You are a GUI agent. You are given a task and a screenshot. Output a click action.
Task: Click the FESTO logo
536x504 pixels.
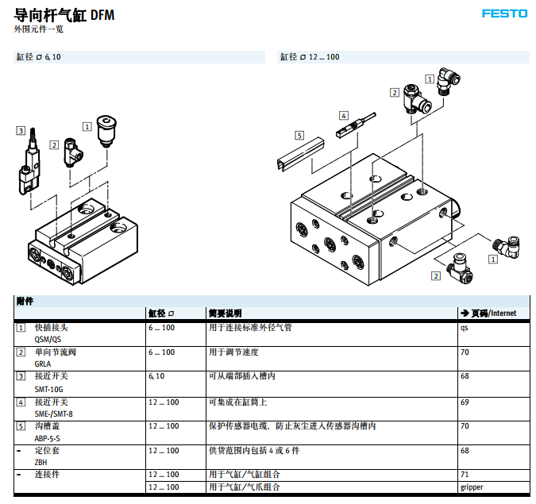tap(504, 13)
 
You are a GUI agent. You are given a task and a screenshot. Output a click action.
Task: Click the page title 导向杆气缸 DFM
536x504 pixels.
tap(59, 14)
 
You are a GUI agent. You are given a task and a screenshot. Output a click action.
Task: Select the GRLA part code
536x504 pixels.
tap(42, 364)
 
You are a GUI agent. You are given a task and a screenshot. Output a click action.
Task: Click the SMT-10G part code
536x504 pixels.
tap(47, 388)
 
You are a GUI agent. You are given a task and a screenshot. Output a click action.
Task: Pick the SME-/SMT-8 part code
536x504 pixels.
tap(53, 414)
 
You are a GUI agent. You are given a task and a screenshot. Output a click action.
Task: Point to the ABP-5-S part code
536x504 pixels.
tap(47, 438)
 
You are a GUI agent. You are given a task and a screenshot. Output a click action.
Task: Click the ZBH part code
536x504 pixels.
tap(40, 463)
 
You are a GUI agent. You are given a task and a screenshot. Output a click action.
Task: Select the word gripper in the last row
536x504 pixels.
tap(471, 487)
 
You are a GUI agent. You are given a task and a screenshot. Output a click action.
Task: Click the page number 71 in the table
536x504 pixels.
tap(465, 475)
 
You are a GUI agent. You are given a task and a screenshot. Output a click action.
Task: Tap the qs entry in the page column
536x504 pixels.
tap(464, 327)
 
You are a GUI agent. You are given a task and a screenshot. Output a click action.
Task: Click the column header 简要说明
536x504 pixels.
tap(224, 313)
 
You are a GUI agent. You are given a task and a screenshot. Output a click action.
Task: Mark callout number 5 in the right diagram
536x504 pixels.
tap(299, 135)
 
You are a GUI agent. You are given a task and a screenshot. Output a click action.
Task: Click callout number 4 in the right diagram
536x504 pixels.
tap(343, 115)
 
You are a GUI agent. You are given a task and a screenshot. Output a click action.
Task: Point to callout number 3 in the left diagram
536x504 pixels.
tap(21, 130)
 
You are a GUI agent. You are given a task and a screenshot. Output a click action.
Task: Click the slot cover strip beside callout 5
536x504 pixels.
tap(299, 155)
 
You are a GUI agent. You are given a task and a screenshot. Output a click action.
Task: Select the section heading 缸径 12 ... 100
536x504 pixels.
tap(309, 57)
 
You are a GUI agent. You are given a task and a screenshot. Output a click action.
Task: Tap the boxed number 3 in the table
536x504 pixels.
tap(21, 376)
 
